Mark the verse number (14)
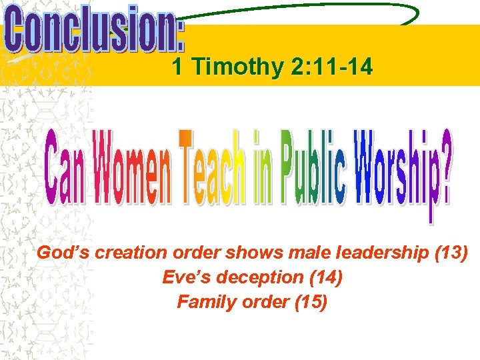tap(325, 277)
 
